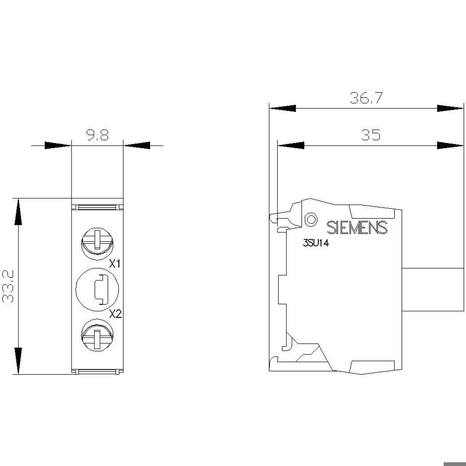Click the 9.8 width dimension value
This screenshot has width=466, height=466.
click(x=98, y=135)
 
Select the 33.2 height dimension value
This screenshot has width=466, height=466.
click(x=8, y=286)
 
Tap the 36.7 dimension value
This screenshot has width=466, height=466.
click(x=366, y=98)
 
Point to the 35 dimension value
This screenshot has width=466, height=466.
click(x=371, y=135)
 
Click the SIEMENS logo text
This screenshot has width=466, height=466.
click(x=357, y=228)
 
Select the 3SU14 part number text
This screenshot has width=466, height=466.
click(x=315, y=243)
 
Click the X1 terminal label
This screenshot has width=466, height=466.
click(x=115, y=263)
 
